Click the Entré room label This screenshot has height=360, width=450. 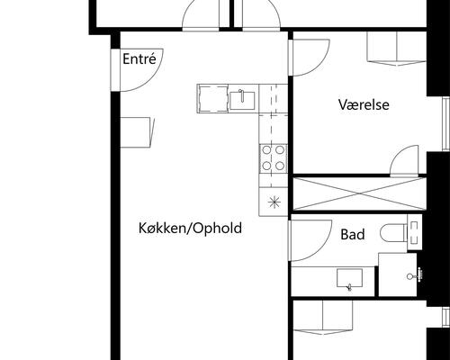139,60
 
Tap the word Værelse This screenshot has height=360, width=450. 364,104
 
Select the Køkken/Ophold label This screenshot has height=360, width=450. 190,229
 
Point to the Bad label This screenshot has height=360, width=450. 353,235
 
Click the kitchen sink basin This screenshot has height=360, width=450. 242,98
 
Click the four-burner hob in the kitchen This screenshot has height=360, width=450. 273,158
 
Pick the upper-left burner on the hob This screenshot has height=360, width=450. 266,151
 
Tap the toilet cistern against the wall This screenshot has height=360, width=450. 414,233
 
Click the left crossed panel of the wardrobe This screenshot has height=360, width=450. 324,194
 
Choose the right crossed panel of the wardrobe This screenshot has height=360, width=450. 389,194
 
